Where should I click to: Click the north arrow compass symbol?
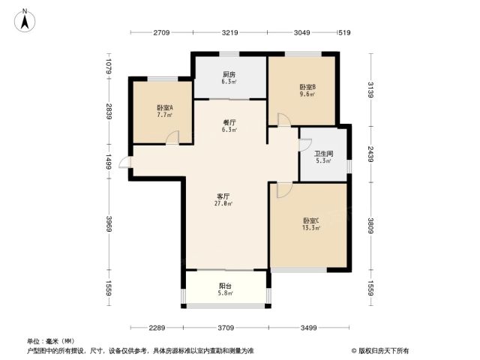(25, 20)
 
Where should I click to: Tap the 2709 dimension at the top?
(161, 32)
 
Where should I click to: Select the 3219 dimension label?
(230, 32)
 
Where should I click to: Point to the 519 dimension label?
(344, 32)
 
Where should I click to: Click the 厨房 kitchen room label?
(229, 74)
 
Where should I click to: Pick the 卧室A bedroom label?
(165, 108)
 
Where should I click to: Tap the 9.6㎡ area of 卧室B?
(307, 94)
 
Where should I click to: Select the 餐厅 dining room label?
(229, 122)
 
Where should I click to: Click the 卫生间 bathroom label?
(323, 154)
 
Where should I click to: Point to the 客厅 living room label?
(223, 196)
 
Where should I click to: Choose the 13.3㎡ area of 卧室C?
(311, 228)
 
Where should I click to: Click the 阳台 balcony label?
(225, 286)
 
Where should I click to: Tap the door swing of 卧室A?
(172, 136)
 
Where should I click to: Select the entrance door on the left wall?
(125, 162)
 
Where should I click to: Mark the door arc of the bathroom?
(305, 145)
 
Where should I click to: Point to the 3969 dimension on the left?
(109, 224)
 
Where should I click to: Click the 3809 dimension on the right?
(370, 226)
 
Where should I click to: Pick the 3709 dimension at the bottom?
(226, 328)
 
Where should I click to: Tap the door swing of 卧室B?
(284, 120)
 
